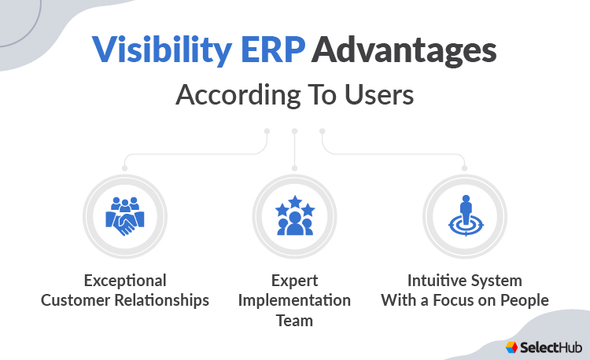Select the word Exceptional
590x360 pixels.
pos(125,281)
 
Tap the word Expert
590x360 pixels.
pos(294,281)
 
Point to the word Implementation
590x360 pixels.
pos(294,300)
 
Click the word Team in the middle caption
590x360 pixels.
pos(294,320)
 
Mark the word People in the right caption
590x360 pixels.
pos(522,300)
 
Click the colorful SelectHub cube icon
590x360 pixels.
pos(512,346)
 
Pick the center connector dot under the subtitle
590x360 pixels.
pos(294,130)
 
